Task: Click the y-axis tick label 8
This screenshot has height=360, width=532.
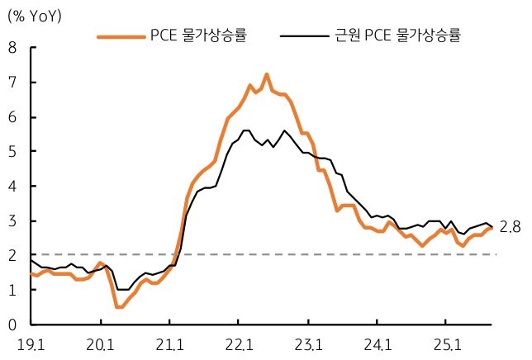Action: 12,48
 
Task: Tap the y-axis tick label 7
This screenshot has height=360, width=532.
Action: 12,83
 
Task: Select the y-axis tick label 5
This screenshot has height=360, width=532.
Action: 12,152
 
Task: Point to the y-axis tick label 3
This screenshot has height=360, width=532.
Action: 12,221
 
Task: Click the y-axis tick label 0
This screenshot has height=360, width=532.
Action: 12,324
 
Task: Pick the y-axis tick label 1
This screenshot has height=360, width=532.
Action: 12,290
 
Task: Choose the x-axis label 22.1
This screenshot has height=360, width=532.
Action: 240,343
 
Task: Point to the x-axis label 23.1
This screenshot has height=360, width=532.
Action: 309,343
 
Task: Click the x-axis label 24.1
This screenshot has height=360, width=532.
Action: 378,343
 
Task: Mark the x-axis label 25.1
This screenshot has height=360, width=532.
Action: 448,343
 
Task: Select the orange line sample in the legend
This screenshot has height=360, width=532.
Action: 121,36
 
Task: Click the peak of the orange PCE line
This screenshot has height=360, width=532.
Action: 267,74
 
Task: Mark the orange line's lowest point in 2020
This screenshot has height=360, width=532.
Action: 120,307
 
